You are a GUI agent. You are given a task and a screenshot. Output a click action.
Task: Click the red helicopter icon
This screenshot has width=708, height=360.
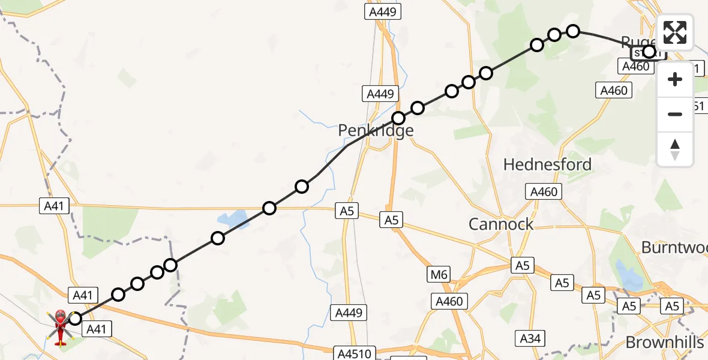[x=61, y=327]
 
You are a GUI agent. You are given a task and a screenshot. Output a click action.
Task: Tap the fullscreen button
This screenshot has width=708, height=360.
[x=675, y=32]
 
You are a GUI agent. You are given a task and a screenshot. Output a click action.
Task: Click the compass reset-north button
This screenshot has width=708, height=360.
[x=675, y=149]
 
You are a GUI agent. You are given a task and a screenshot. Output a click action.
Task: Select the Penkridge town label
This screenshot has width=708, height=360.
[x=376, y=130]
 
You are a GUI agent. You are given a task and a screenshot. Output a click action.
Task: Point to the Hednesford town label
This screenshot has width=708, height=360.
[x=547, y=164]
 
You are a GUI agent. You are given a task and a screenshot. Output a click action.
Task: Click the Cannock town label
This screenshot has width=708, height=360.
[x=501, y=224]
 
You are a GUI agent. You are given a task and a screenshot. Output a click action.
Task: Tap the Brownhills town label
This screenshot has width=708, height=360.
[x=664, y=343]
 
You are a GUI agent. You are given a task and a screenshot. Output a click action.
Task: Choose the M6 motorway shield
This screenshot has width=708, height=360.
[x=439, y=275]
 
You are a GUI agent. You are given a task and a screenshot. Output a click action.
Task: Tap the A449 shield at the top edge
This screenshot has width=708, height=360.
[x=384, y=12]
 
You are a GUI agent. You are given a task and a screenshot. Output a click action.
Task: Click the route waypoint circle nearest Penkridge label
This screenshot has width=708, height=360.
[x=398, y=118]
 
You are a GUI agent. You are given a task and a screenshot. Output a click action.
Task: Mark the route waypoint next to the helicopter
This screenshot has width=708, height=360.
[x=74, y=318]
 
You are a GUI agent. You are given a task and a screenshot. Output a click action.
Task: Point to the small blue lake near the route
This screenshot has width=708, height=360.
[x=231, y=218]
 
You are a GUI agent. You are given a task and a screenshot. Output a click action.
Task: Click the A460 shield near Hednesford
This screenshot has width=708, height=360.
[x=544, y=192]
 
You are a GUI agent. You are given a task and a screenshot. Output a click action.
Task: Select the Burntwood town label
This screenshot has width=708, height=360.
[x=674, y=247]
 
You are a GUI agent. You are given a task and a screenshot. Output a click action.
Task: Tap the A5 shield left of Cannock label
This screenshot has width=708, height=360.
[x=391, y=220]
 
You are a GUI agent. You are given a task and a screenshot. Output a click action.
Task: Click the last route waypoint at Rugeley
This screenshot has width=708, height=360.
[x=649, y=52]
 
